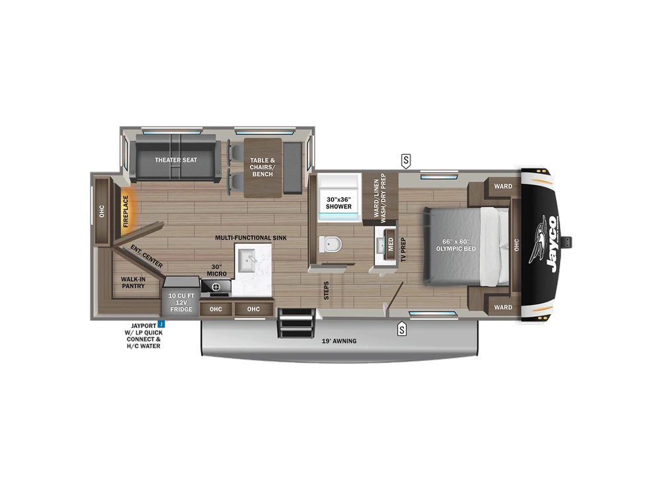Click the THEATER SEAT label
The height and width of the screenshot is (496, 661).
tap(176, 160)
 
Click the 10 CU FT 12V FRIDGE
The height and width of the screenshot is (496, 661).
tap(180, 302)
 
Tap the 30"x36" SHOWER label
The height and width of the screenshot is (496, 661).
tap(338, 202)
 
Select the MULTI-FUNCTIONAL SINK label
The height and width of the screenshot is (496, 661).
tap(250, 237)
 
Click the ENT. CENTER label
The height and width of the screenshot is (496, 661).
tap(146, 257)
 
